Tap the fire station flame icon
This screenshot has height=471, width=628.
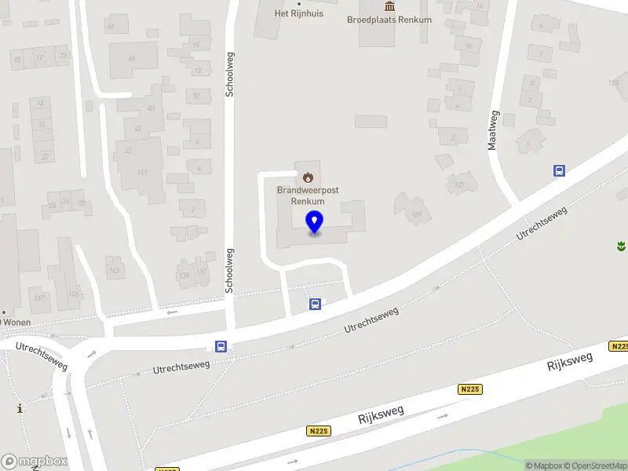(308, 177)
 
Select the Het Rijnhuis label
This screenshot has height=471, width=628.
(298, 13)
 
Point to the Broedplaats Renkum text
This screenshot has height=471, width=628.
(389, 20)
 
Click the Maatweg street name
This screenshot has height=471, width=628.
(493, 130)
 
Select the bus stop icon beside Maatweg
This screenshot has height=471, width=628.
(560, 170)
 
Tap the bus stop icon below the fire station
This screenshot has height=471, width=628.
(316, 305)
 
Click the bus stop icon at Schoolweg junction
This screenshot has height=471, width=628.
(221, 346)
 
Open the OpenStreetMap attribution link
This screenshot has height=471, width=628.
(597, 466)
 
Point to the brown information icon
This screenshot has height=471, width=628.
(20, 408)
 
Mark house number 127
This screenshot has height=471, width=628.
(459, 185)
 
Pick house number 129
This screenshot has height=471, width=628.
(417, 214)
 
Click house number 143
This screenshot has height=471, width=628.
(115, 271)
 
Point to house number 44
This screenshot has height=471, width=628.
(132, 57)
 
